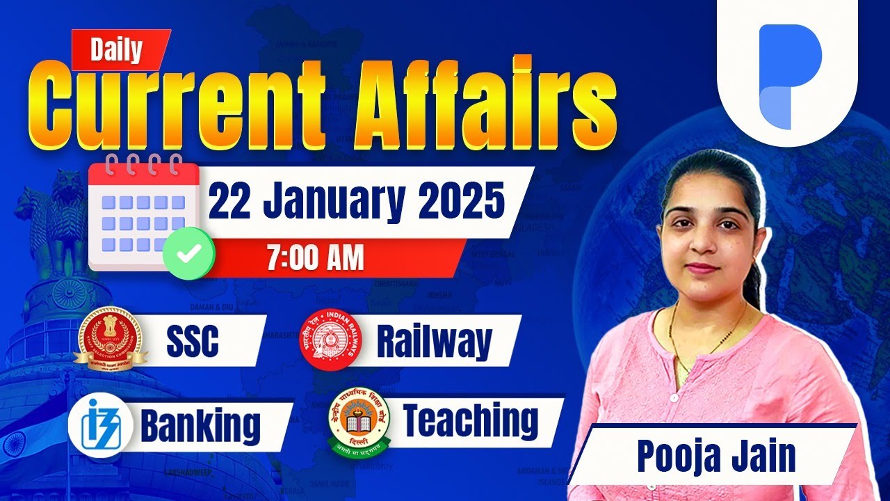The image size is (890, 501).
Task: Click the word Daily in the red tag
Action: click(116, 50)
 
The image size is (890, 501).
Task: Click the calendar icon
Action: click(140, 213)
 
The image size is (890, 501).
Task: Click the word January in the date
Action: click(335, 202)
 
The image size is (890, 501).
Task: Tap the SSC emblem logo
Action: click(111, 338)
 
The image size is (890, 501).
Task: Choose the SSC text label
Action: click(193, 340)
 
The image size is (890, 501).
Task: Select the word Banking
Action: click(200, 425)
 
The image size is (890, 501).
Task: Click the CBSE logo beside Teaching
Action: click(359, 419)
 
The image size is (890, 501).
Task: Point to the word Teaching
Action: click(471, 420)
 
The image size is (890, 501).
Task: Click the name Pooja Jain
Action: click(716, 456)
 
